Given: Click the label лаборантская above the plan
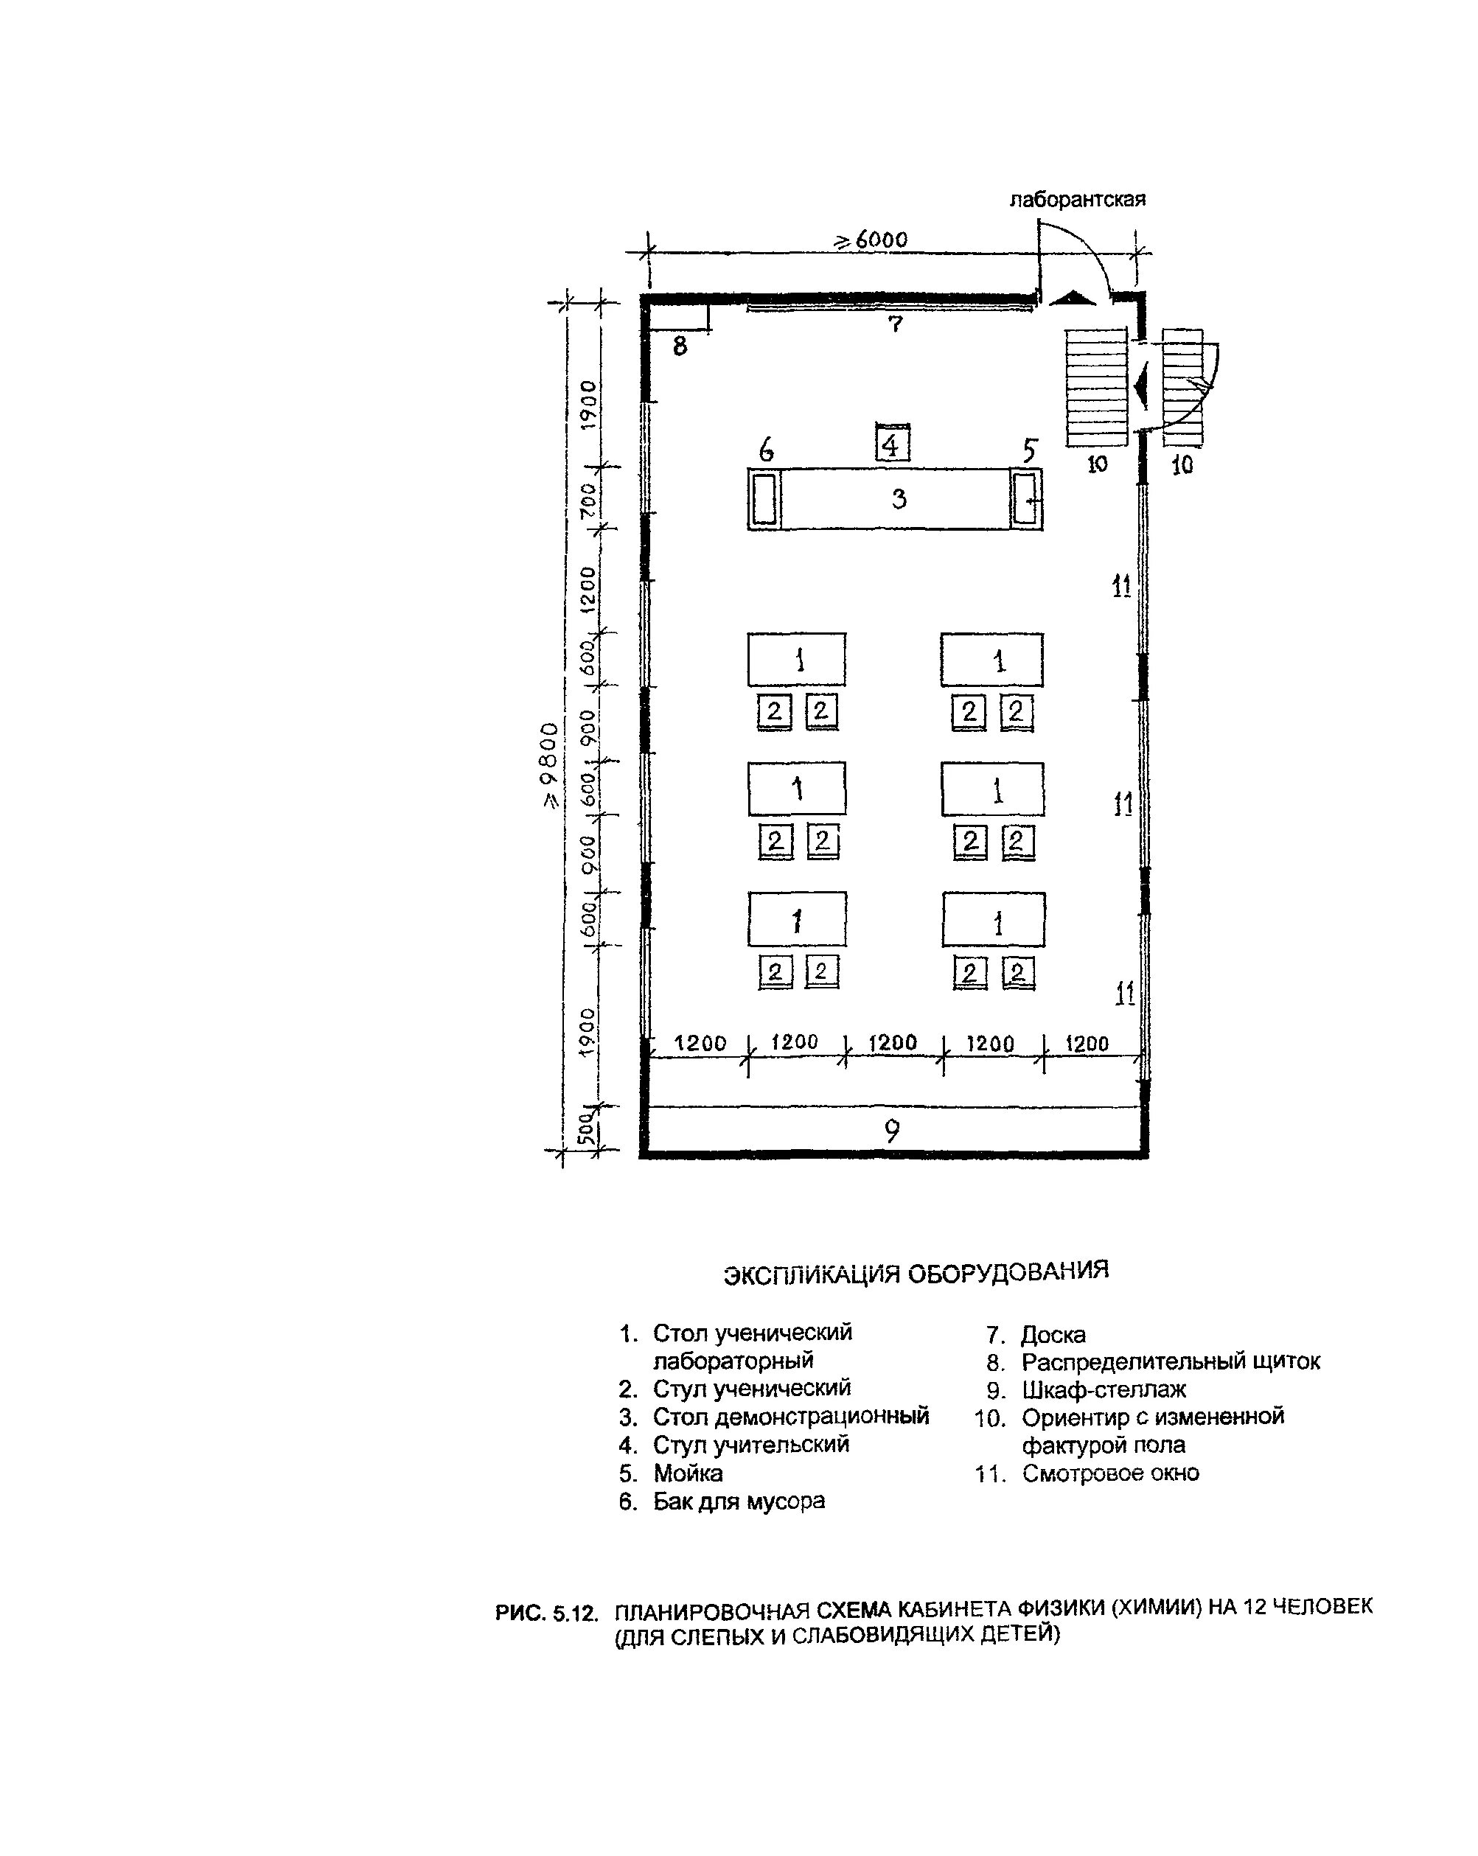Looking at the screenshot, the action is pos(1077,200).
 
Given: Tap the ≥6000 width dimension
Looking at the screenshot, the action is pos(871,240).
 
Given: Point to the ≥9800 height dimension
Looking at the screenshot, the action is pos(549,765).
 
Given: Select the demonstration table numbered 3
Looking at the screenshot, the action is pos(894,498).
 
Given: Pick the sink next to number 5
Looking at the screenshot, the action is pos(1025,498).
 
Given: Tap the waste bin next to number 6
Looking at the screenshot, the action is pos(764,498).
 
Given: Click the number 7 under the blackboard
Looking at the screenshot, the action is pos(895,324).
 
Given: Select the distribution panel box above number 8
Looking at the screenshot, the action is pos(678,316).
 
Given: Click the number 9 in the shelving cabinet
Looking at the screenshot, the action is pos(893,1130).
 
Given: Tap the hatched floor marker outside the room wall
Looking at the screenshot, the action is pos(1182,388).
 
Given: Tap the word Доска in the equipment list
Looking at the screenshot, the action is pos(1053,1334).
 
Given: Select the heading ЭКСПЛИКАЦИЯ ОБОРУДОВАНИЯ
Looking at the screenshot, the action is pos(916,1271).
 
